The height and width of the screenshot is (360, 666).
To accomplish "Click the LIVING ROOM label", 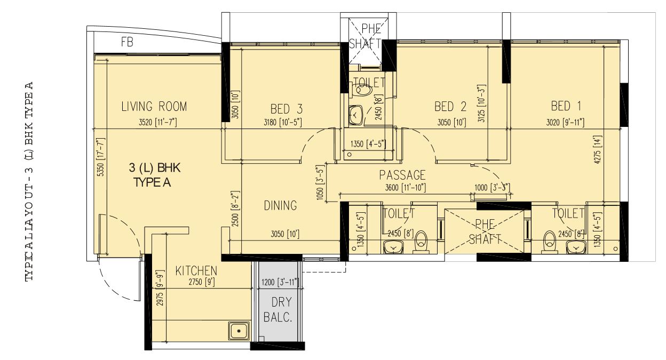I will [x=154, y=106].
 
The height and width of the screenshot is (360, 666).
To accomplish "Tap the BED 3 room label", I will [x=287, y=109].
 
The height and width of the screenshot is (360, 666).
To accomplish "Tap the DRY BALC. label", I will [x=278, y=309].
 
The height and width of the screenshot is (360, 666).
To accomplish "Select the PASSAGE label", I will [x=402, y=175].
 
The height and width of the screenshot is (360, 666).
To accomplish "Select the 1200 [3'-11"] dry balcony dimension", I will [x=277, y=282].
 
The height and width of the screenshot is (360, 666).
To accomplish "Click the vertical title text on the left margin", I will [x=30, y=181].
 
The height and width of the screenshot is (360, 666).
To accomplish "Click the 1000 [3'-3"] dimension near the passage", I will [x=492, y=187].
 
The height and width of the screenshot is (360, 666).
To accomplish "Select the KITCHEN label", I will [x=196, y=271].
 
